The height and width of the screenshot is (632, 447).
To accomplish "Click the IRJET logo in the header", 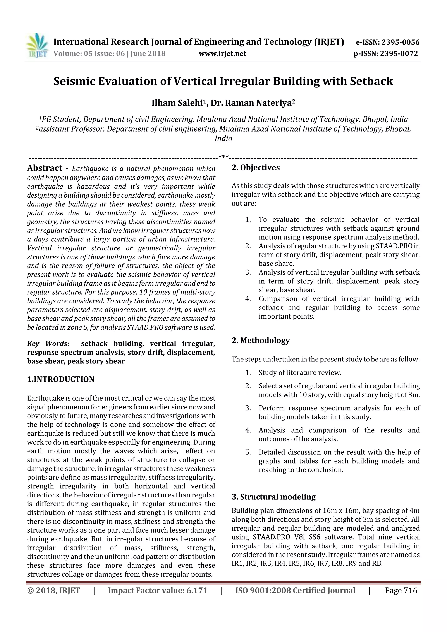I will tap(37, 45).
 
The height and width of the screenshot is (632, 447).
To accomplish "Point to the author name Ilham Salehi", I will tap(177, 103).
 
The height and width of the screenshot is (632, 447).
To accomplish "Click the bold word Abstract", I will tap(45, 168).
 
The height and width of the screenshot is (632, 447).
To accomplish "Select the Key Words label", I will tap(47, 344).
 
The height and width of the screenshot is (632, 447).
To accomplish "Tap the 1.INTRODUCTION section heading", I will tap(61, 379).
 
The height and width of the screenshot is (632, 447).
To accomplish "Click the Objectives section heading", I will tap(260, 168).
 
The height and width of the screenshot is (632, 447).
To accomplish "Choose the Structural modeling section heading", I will tap(277, 497).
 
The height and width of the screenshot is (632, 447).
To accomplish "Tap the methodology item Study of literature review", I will tap(300, 373).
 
